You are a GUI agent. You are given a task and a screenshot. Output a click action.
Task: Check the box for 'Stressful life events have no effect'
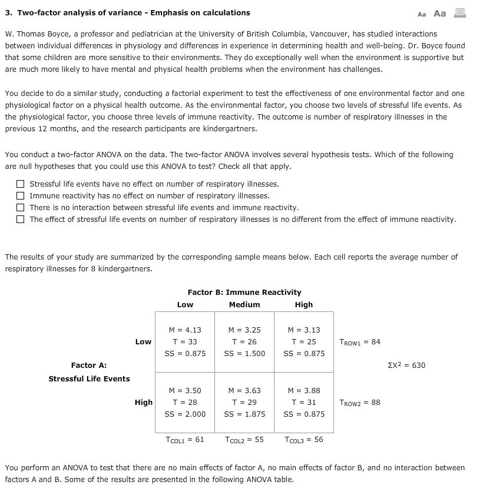click(x=21, y=184)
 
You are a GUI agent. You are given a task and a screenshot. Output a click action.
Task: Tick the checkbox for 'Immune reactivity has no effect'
click(x=21, y=195)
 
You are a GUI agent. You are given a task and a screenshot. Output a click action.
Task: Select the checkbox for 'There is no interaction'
click(x=21, y=207)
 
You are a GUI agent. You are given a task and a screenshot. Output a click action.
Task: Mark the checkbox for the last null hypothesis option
click(x=21, y=219)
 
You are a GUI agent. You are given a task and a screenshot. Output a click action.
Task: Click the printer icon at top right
click(x=459, y=13)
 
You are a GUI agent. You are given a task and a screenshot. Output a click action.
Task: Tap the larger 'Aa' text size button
click(x=439, y=13)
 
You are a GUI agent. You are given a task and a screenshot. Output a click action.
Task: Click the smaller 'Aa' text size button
click(x=421, y=14)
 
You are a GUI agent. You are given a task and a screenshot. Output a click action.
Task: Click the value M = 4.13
click(x=185, y=330)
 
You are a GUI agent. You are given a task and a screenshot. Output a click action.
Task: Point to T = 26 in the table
click(x=244, y=342)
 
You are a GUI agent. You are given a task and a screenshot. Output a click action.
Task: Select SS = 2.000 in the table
click(x=185, y=414)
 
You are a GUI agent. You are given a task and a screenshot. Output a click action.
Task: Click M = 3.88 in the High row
click(x=303, y=391)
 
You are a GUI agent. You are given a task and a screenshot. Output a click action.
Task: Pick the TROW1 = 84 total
click(x=360, y=342)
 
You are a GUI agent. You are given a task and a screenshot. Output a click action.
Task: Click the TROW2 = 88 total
click(x=360, y=403)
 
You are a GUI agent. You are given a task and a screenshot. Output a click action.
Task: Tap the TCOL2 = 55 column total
click(x=244, y=440)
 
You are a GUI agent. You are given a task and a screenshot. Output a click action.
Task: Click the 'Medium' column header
click(x=244, y=304)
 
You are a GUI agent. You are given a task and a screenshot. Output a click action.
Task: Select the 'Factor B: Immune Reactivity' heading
click(x=244, y=292)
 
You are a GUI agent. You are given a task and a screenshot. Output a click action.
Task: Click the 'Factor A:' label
click(x=88, y=366)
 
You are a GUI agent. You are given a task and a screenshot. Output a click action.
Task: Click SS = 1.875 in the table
click(x=244, y=414)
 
